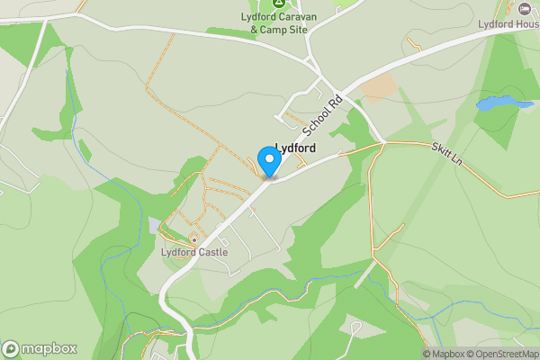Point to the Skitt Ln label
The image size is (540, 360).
click(445, 154)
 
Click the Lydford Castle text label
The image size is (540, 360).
click(194, 253)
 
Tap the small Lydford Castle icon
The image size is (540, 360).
click(193, 239)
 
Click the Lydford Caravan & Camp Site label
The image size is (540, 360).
click(278, 22)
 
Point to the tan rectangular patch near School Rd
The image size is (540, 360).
click(379, 87)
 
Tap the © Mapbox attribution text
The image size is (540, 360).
click(446, 354)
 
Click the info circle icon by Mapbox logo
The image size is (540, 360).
click(11, 349)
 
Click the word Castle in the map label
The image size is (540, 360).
click(212, 253)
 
